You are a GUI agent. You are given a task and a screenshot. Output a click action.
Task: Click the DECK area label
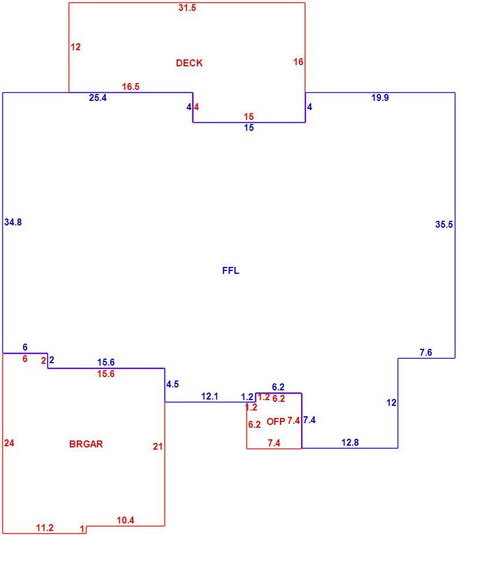(189, 63)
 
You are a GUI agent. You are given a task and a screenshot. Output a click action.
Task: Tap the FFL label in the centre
(230, 270)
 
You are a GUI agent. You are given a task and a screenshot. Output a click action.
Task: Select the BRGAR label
(86, 444)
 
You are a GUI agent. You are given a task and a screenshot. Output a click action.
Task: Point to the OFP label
(276, 421)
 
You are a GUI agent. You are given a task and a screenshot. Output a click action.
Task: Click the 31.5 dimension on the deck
(187, 7)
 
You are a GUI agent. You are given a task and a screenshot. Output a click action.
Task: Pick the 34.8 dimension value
(13, 223)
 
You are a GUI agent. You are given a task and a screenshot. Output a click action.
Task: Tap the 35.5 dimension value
(444, 224)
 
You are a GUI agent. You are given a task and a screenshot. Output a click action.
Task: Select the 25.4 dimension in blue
(98, 97)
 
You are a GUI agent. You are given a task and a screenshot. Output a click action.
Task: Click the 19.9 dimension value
(380, 97)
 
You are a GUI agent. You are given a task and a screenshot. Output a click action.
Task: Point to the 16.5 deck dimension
(130, 86)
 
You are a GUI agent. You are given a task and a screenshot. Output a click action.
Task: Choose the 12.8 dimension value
(350, 442)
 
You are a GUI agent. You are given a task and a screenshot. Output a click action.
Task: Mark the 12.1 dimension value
(210, 397)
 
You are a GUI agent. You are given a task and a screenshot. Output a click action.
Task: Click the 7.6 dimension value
(426, 352)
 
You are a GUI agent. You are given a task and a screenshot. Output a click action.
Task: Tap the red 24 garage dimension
(9, 443)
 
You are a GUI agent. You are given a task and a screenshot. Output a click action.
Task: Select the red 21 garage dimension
(158, 446)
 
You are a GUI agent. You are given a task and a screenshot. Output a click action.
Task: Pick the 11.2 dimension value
(45, 528)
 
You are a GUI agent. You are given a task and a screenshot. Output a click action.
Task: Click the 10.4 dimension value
(126, 520)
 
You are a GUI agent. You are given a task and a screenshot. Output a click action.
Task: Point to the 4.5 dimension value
(173, 384)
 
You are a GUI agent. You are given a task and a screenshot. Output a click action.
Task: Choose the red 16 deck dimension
(298, 62)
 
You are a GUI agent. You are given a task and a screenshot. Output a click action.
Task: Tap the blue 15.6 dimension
(106, 362)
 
